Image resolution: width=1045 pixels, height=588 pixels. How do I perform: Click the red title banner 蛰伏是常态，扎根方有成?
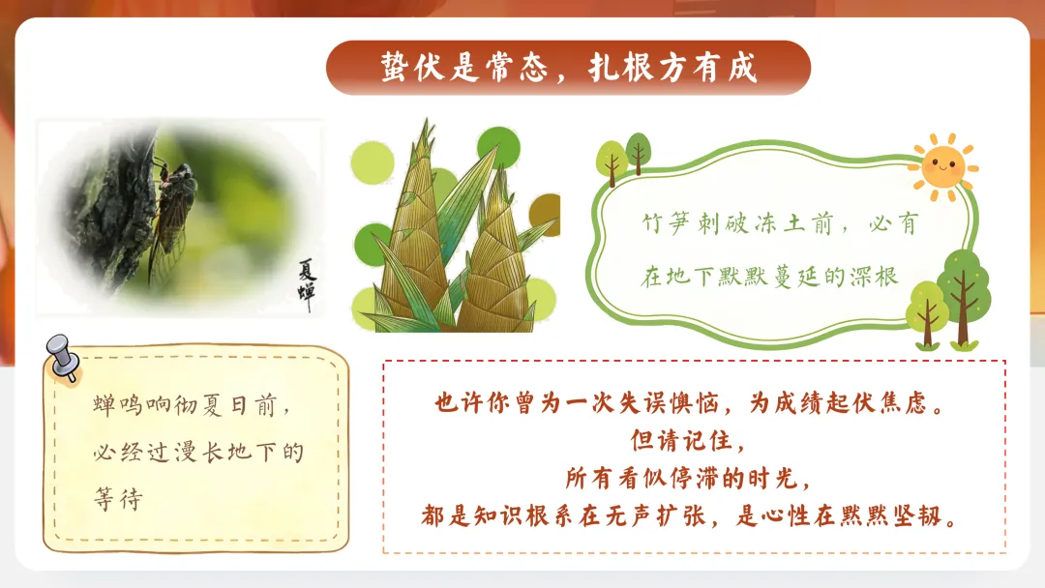point(568,68)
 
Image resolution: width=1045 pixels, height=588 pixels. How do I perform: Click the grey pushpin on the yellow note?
point(64,355)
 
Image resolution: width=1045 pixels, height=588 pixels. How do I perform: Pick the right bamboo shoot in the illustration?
point(498,261)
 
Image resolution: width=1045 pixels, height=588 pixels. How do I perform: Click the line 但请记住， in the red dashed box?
point(688,440)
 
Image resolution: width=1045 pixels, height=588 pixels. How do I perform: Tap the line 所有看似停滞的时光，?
point(688,478)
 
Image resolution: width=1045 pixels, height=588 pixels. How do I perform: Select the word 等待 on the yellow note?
point(118,500)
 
